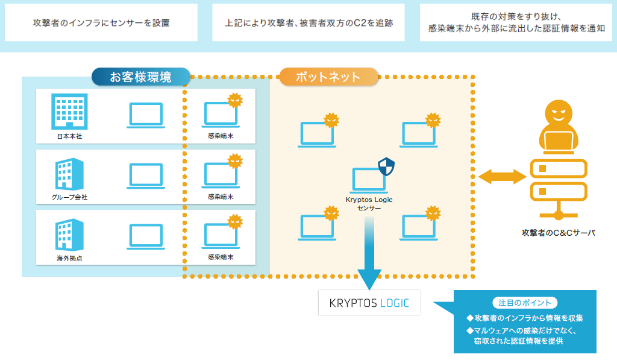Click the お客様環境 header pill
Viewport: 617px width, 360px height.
pos(141,77)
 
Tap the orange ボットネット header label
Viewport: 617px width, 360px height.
pos(328,77)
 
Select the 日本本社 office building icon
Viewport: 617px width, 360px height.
pos(69,112)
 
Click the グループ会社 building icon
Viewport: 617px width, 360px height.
pos(69,174)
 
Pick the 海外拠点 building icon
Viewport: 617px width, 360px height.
pos(69,235)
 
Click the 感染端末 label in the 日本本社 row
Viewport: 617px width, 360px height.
pos(221,136)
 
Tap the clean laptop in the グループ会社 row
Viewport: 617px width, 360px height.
pos(146,175)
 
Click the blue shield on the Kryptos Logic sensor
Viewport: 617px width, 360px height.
pos(386,166)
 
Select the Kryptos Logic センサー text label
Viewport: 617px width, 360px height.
pos(369,204)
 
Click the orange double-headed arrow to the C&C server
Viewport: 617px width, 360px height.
pos(502,177)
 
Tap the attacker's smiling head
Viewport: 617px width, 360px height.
pos(559,113)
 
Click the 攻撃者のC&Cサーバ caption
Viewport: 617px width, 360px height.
pos(559,233)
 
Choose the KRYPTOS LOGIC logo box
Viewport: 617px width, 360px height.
pos(369,303)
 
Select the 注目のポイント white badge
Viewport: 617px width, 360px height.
pos(525,303)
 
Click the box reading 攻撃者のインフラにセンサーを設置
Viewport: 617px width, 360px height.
pos(101,23)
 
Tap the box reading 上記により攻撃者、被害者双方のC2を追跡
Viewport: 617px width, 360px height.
pos(308,23)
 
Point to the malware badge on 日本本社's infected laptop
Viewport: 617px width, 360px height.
pos(235,101)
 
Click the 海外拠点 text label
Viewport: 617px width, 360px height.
pos(69,258)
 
